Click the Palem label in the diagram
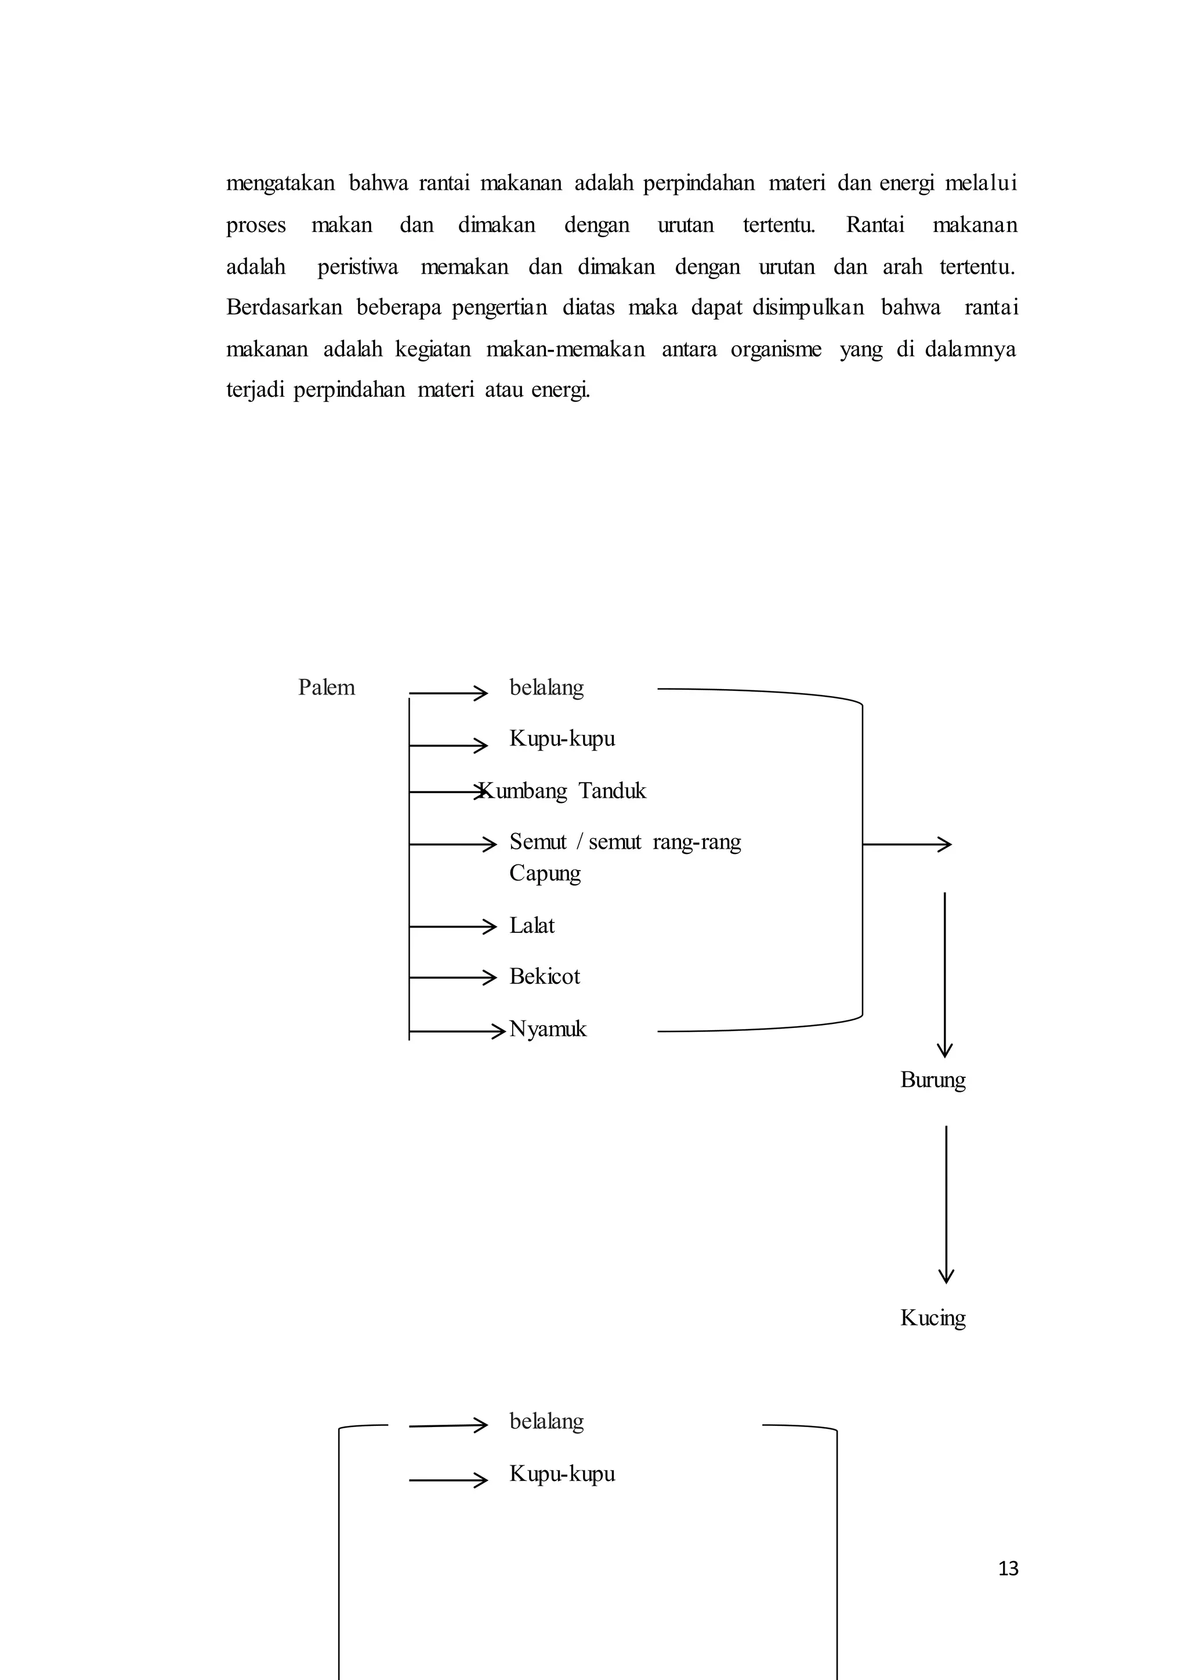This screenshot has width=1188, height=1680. coord(326,688)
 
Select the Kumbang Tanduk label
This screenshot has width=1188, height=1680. coord(562,791)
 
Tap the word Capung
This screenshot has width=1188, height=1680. coord(545,874)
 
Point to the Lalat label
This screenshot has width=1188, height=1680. coord(532,926)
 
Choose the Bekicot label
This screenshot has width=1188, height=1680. coord(544,977)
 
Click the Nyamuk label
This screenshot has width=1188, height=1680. coord(548,1030)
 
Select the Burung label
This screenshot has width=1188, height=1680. coord(933,1080)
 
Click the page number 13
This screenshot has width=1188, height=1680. coord(1008,1568)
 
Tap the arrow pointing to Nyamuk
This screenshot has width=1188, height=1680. coord(457,1031)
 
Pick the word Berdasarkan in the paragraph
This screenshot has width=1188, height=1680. coord(284,307)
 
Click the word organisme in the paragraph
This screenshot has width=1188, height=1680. coord(776,349)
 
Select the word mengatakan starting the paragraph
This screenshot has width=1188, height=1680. coord(280,183)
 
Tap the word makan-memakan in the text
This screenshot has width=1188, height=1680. coord(566,349)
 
